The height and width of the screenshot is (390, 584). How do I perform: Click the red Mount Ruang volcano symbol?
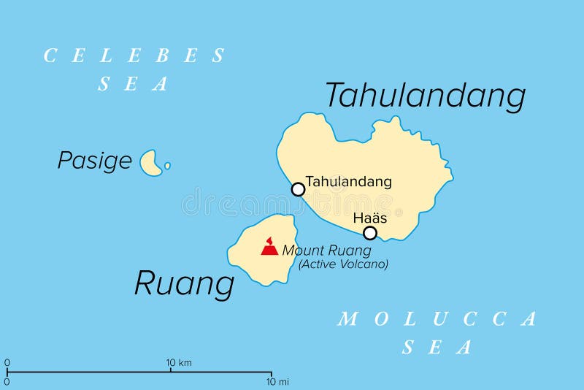point(269,247)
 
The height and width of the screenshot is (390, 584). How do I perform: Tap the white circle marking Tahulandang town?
point(298,190)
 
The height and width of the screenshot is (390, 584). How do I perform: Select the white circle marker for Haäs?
point(370,233)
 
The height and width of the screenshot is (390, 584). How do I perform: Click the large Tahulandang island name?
point(425,96)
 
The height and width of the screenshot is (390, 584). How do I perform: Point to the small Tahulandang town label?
point(348,181)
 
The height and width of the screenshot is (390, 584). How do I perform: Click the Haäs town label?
point(369,218)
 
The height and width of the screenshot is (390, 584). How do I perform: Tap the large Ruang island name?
point(184,283)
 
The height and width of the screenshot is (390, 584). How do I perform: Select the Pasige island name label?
point(95,161)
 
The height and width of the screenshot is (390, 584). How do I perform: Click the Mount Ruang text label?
point(326,250)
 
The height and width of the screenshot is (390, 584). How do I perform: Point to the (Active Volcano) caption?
point(342,264)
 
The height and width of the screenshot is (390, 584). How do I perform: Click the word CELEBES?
point(135,56)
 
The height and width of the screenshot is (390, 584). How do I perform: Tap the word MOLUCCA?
point(437,318)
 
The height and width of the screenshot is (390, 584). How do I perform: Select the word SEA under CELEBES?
point(134,84)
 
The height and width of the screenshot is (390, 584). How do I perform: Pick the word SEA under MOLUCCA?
point(437,348)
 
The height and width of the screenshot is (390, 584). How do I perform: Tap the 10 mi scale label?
point(278,381)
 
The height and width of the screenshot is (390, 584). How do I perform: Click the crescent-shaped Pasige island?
point(150,164)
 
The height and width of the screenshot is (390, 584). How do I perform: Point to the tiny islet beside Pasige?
point(167,166)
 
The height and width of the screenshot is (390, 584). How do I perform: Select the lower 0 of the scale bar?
point(7,381)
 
